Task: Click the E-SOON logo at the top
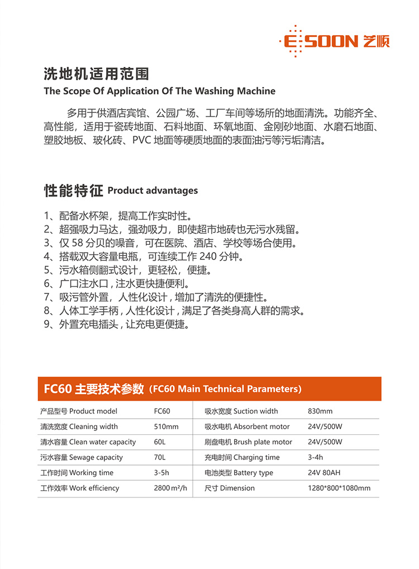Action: click(x=334, y=41)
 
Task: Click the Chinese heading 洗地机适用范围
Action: click(x=96, y=74)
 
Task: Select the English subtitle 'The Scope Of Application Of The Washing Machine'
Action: click(x=159, y=91)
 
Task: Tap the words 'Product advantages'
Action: click(x=153, y=191)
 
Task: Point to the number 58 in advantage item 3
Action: click(x=78, y=243)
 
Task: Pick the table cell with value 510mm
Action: click(x=166, y=426)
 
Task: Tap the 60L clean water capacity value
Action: click(x=160, y=442)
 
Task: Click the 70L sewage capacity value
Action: click(x=160, y=457)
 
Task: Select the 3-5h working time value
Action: click(x=162, y=473)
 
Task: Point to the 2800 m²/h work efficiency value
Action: click(x=170, y=488)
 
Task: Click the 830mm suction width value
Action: click(x=320, y=411)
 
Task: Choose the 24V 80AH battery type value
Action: click(x=324, y=473)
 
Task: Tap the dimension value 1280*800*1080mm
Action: click(x=339, y=488)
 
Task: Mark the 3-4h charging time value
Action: click(x=316, y=457)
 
